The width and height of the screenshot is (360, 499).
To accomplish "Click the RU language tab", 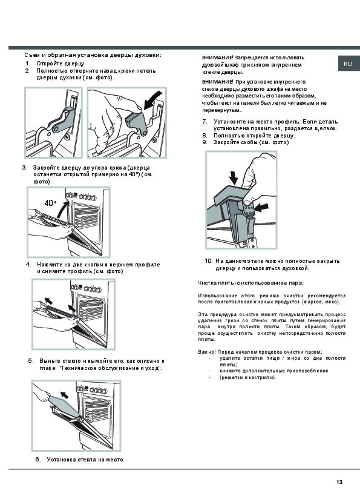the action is pos(349,64).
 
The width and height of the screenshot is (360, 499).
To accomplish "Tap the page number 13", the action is pos(339,482).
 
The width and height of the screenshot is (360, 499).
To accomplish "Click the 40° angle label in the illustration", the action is pos(50,203).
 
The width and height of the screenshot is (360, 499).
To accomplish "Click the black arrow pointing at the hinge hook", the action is pos(152,99).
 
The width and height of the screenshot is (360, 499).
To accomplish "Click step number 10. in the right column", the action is pos(209,261).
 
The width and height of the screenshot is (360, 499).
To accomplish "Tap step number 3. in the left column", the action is pos(25,167).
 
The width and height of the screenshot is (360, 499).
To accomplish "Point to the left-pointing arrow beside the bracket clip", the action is pos(262,208).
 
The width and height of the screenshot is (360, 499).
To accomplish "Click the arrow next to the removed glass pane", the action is pos(64,395).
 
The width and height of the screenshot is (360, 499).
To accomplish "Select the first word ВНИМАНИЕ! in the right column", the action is pos(218,58).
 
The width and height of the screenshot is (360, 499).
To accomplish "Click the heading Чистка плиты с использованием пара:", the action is pos(250,283).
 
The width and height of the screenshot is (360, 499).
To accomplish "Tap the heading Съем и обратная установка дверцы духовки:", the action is pos(93,55).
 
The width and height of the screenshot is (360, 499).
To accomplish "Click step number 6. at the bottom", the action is pos(38,459).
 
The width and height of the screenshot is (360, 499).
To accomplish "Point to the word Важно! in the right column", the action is pos(207,352).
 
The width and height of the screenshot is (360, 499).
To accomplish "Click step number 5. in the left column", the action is pos(31,360).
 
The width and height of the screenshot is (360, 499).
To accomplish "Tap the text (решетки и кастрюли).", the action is pos(248,377).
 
